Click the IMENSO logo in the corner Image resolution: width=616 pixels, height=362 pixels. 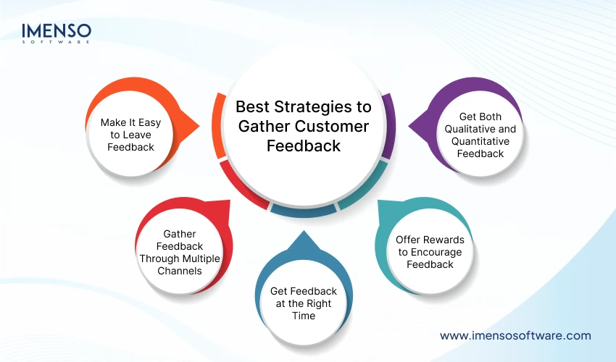57,32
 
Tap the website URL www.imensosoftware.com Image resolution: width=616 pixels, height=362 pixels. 515,335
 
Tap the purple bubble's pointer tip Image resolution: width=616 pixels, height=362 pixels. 411,127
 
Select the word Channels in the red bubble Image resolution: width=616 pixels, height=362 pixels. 180,271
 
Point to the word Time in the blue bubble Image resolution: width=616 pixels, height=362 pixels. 304,316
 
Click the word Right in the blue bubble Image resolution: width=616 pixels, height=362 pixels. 320,303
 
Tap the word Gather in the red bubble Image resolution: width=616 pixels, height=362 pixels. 180,234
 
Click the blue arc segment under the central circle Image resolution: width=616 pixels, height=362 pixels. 303,210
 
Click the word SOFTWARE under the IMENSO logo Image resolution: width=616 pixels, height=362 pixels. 57,43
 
